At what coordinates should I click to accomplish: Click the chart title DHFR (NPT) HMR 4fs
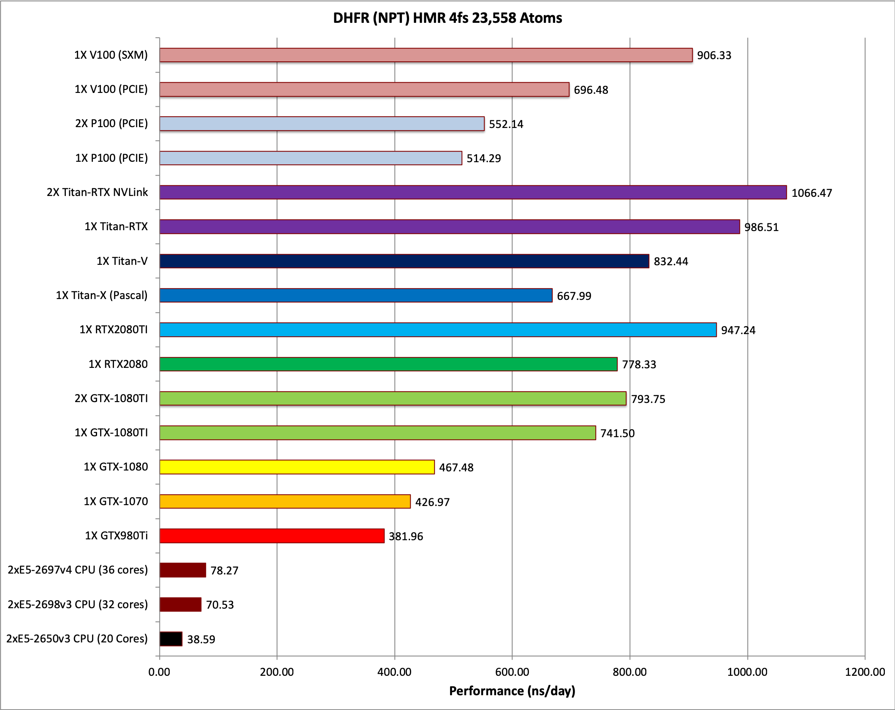pyautogui.click(x=447, y=18)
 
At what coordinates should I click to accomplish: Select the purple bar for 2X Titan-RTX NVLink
pyautogui.click(x=473, y=192)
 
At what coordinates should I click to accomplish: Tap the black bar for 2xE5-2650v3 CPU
pyautogui.click(x=171, y=639)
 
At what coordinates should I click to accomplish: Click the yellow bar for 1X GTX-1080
pyautogui.click(x=297, y=467)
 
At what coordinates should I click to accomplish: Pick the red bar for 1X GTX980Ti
pyautogui.click(x=272, y=536)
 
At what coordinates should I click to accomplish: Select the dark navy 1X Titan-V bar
pyautogui.click(x=404, y=261)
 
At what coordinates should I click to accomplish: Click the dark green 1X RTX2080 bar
pyautogui.click(x=388, y=364)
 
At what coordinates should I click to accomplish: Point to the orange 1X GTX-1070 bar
pyautogui.click(x=285, y=501)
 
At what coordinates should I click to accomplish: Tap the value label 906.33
pyautogui.click(x=714, y=55)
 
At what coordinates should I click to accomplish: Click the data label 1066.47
pyautogui.click(x=811, y=193)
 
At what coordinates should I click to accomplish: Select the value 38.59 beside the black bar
pyautogui.click(x=201, y=639)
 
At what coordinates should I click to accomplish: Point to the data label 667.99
pyautogui.click(x=574, y=296)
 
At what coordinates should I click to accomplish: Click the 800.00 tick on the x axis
pyautogui.click(x=629, y=672)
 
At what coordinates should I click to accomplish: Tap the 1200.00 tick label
pyautogui.click(x=865, y=672)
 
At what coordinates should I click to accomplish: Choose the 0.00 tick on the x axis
pyautogui.click(x=159, y=672)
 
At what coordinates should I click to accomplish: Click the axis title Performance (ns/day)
pyautogui.click(x=512, y=691)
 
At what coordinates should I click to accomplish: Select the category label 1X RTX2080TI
pyautogui.click(x=114, y=329)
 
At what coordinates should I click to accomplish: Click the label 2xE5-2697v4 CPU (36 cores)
pyautogui.click(x=78, y=570)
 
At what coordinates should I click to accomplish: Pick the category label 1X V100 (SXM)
pyautogui.click(x=111, y=55)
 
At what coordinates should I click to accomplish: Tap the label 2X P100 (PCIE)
pyautogui.click(x=111, y=123)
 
